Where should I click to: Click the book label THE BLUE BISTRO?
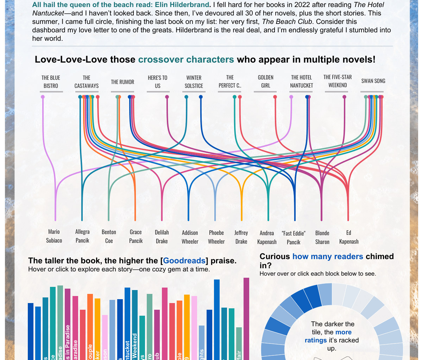[51, 82]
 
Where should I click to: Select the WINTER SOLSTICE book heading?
[194, 82]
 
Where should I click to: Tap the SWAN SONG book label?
[373, 81]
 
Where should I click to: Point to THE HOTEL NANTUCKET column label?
[301, 82]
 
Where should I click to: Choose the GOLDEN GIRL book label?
[265, 82]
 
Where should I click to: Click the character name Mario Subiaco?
[54, 236]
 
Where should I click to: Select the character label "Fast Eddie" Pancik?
[294, 238]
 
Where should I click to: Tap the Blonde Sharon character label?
[322, 237]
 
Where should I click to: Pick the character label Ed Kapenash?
[348, 237]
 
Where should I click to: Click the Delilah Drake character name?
[162, 237]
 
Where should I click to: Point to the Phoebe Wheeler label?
[216, 237]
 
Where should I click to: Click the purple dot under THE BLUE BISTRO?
[43, 97]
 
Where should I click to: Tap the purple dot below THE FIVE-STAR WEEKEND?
[344, 97]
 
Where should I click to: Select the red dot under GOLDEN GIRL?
[275, 97]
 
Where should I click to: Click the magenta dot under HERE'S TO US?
[167, 97]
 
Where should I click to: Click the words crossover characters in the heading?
[186, 59]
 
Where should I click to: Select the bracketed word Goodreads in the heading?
[184, 261]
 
